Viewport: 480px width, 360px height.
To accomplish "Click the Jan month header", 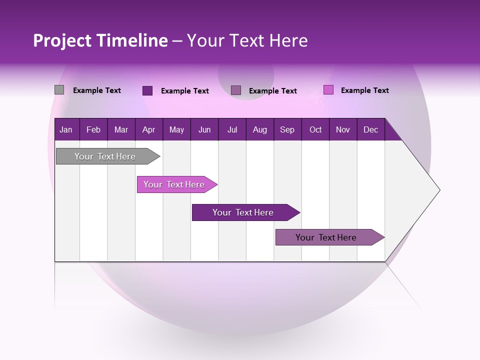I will coord(66,129).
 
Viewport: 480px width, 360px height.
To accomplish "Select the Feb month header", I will coord(93,129).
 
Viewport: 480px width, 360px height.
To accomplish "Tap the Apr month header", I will coord(148,129).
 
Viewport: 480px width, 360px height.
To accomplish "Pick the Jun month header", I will coord(204,129).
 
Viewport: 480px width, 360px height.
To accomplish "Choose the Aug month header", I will coord(259,129).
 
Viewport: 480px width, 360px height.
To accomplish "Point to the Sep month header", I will coord(287,129).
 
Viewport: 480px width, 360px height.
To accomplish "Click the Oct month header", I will coord(315,129).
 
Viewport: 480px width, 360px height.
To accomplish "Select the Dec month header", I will coord(370,129).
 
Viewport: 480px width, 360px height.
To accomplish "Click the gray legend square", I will coord(59,90).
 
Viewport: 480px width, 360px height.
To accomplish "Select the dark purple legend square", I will coord(147,90).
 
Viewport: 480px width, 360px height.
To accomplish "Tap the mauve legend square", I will coord(236,90).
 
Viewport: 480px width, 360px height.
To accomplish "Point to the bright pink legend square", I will coord(328,90).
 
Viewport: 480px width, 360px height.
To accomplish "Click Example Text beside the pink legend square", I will coord(364,90).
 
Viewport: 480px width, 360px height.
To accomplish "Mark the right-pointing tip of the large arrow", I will coord(439,190).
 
